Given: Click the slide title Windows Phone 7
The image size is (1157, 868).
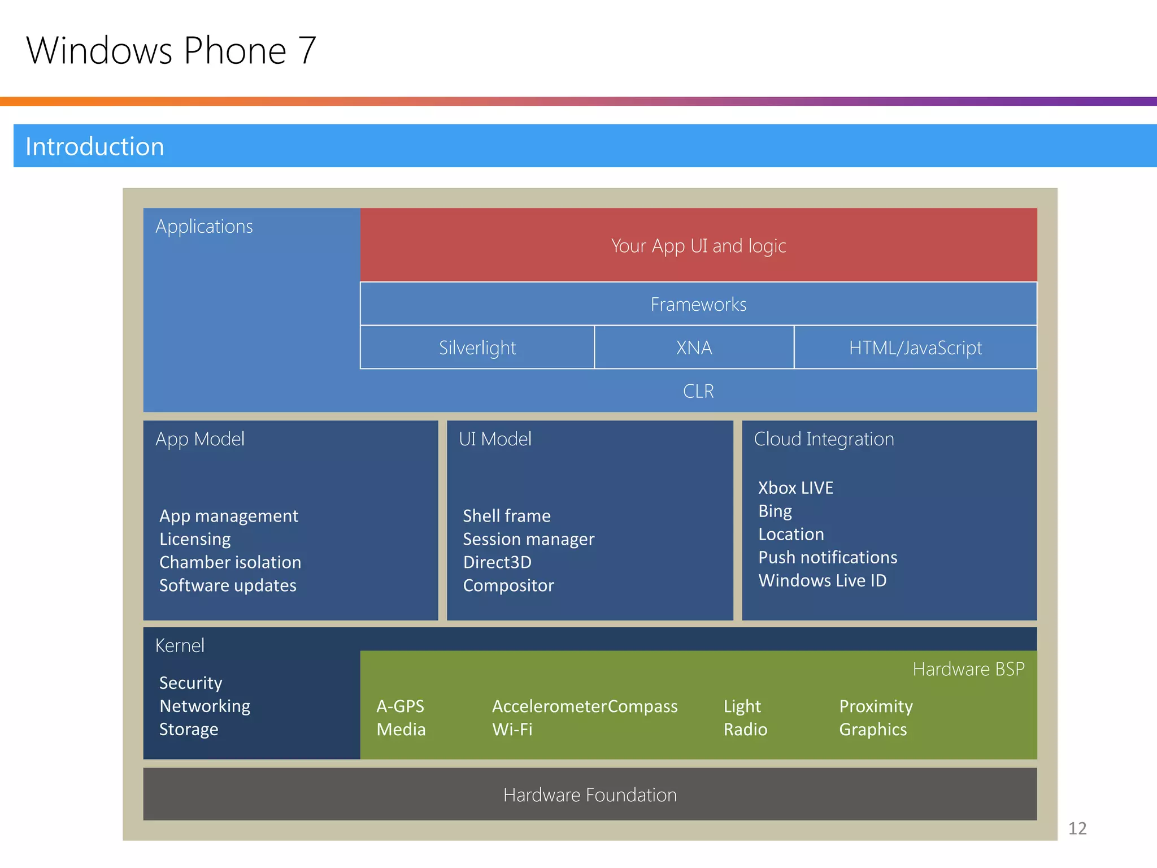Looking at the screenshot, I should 171,51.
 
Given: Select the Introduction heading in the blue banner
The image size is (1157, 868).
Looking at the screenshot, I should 95,146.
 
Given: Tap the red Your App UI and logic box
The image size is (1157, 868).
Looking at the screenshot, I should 698,246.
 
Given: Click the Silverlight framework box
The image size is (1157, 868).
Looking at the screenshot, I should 477,348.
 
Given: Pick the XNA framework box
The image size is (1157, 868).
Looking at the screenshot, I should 694,348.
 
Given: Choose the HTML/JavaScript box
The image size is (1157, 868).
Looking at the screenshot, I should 915,348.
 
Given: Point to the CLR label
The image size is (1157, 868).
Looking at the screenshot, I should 698,391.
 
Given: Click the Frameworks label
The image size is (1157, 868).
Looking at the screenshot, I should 698,305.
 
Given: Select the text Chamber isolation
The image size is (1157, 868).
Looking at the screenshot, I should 230,562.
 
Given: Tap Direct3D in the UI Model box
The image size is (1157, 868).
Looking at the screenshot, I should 497,562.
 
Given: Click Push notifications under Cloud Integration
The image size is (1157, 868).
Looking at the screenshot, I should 828,557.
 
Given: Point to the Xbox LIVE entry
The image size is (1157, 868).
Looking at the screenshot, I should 795,488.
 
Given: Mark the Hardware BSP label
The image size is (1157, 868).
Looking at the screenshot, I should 968,669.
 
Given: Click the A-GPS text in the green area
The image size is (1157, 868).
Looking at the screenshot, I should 400,706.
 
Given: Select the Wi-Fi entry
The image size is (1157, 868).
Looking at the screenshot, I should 512,730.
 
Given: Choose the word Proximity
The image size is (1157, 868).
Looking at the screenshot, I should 876,706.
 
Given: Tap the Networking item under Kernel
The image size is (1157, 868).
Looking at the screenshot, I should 205,706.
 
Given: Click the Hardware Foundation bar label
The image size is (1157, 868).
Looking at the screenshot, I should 590,795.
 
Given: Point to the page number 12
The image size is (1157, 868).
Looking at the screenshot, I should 1077,828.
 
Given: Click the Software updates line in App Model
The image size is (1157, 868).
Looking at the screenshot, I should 228,585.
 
